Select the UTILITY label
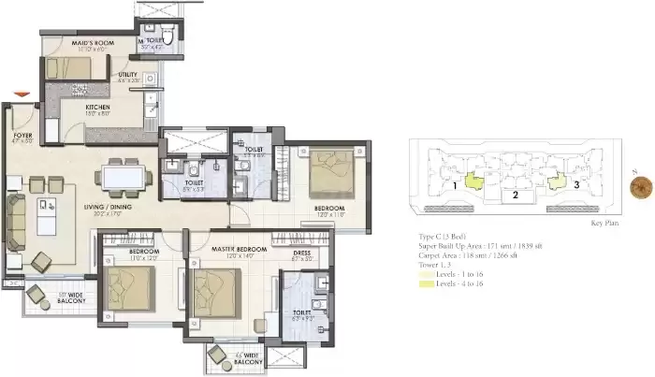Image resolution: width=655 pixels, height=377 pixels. pos(128,74)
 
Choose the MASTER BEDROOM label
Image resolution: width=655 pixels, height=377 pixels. pos(230,250)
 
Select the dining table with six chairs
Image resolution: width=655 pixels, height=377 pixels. pos(124,175)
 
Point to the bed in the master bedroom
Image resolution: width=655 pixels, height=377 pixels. pos(216,286)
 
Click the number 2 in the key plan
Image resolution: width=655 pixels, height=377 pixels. pos(515,195)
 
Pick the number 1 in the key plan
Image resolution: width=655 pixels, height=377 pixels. pos(454,185)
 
